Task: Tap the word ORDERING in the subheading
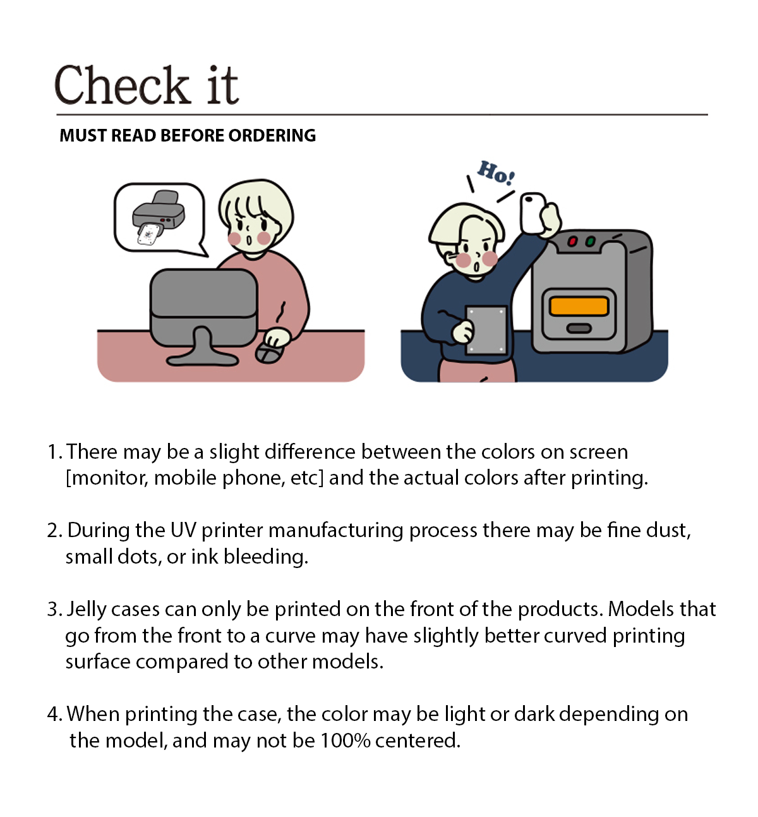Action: (272, 135)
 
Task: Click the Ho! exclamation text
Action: (496, 172)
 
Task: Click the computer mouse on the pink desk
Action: (270, 352)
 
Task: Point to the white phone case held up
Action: (533, 213)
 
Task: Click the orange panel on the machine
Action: (579, 306)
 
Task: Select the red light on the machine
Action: (572, 241)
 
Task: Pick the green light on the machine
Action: (590, 241)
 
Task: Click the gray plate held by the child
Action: (486, 330)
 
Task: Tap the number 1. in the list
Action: (55, 452)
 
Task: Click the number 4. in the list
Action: (55, 714)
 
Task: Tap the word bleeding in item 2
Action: (266, 558)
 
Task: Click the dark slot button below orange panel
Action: (579, 329)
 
